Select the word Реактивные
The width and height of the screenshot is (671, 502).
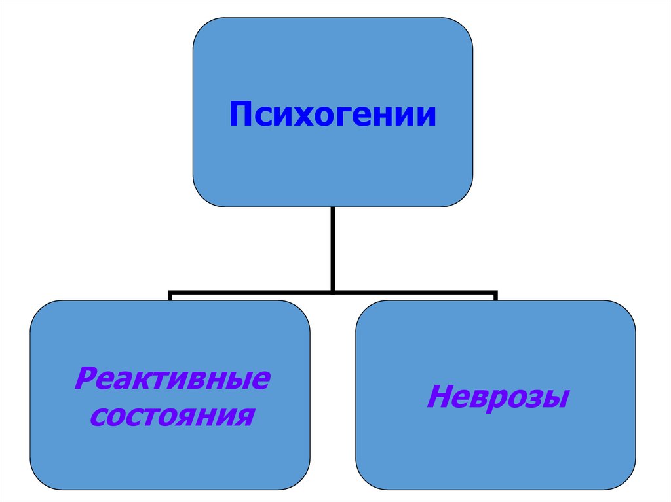(172, 379)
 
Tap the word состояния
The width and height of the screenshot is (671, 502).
(172, 415)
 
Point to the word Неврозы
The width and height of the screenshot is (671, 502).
(496, 397)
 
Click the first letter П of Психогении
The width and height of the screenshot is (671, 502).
(240, 115)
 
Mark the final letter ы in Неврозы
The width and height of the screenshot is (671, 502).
(553, 398)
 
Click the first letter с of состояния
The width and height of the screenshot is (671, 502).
(97, 416)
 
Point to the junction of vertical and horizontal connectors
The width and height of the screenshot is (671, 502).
(333, 291)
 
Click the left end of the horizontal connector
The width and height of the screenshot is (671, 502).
(170, 292)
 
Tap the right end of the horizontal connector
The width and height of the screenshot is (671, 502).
(495, 292)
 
